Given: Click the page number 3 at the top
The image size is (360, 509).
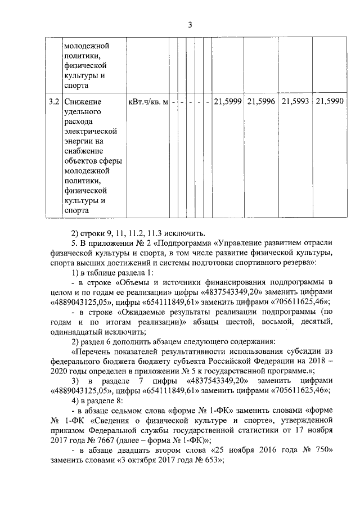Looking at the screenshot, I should tap(190, 24).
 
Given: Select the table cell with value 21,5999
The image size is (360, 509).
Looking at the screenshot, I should tap(227, 101).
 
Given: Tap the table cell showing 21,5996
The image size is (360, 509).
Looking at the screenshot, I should tap(261, 101).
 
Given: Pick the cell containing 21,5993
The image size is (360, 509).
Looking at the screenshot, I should tap(295, 101).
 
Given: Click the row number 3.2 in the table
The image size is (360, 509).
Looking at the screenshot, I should tap(53, 101).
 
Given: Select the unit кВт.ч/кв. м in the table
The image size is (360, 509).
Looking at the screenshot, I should tap(148, 101).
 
